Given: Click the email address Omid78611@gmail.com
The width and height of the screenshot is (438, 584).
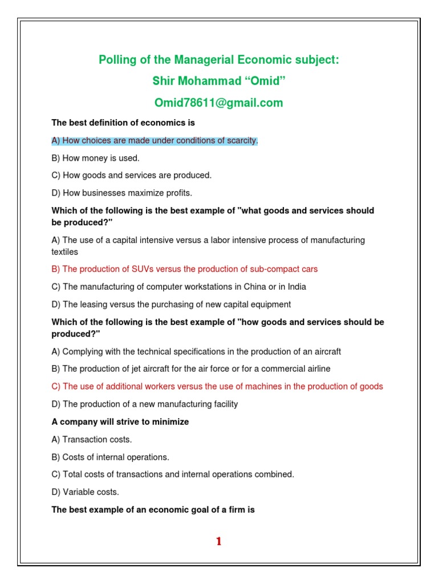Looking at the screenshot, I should tap(218, 103).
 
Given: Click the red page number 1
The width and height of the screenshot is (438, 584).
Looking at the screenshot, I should tap(218, 542).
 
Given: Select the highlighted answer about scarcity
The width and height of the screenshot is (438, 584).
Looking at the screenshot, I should tap(155, 140).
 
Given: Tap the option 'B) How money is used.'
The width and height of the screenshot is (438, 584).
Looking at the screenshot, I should tap(95, 158).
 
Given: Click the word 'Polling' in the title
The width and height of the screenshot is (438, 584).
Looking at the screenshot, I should tap(117, 60).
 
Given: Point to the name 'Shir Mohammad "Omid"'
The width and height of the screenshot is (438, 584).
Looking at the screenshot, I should tap(218, 81).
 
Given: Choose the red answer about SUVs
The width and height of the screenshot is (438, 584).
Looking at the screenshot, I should tap(184, 269).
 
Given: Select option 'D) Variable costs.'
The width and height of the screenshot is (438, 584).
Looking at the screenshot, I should tap(85, 492).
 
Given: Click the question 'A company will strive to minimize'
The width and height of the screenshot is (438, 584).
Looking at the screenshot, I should tap(120, 422).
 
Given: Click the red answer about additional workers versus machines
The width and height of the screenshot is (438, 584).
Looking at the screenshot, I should tap(217, 386).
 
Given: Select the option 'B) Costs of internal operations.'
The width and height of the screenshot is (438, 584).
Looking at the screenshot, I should tap(110, 457).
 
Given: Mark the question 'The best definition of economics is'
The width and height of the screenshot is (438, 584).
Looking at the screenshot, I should tap(123, 123).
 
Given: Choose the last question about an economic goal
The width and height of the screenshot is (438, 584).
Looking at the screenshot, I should tap(153, 509).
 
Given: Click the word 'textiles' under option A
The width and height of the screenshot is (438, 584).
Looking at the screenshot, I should tap(64, 252).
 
